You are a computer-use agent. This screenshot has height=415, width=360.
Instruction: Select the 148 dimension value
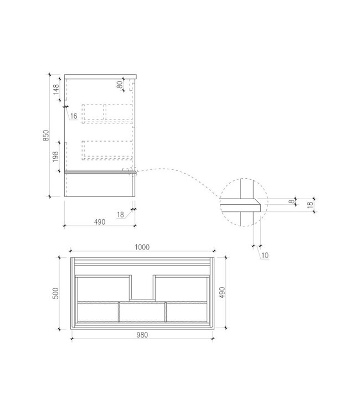point(56,90)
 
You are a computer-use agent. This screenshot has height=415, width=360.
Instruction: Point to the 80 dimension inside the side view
point(119,85)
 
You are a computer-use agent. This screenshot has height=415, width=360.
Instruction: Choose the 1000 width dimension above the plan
point(142,248)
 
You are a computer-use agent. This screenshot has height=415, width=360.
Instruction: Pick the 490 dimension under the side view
point(99,222)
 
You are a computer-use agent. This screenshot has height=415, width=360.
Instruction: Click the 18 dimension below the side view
point(121,215)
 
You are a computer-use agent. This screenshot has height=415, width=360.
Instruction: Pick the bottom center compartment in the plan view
point(142,311)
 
